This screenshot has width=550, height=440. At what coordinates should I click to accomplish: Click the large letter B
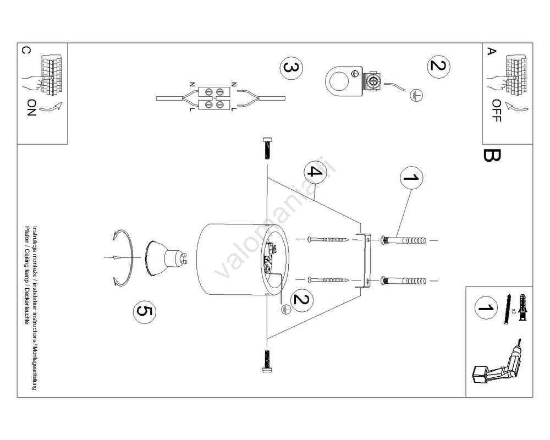click(491, 155)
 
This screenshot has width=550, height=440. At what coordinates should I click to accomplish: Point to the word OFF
click(497, 111)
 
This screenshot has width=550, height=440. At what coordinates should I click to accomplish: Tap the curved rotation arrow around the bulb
click(125, 257)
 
